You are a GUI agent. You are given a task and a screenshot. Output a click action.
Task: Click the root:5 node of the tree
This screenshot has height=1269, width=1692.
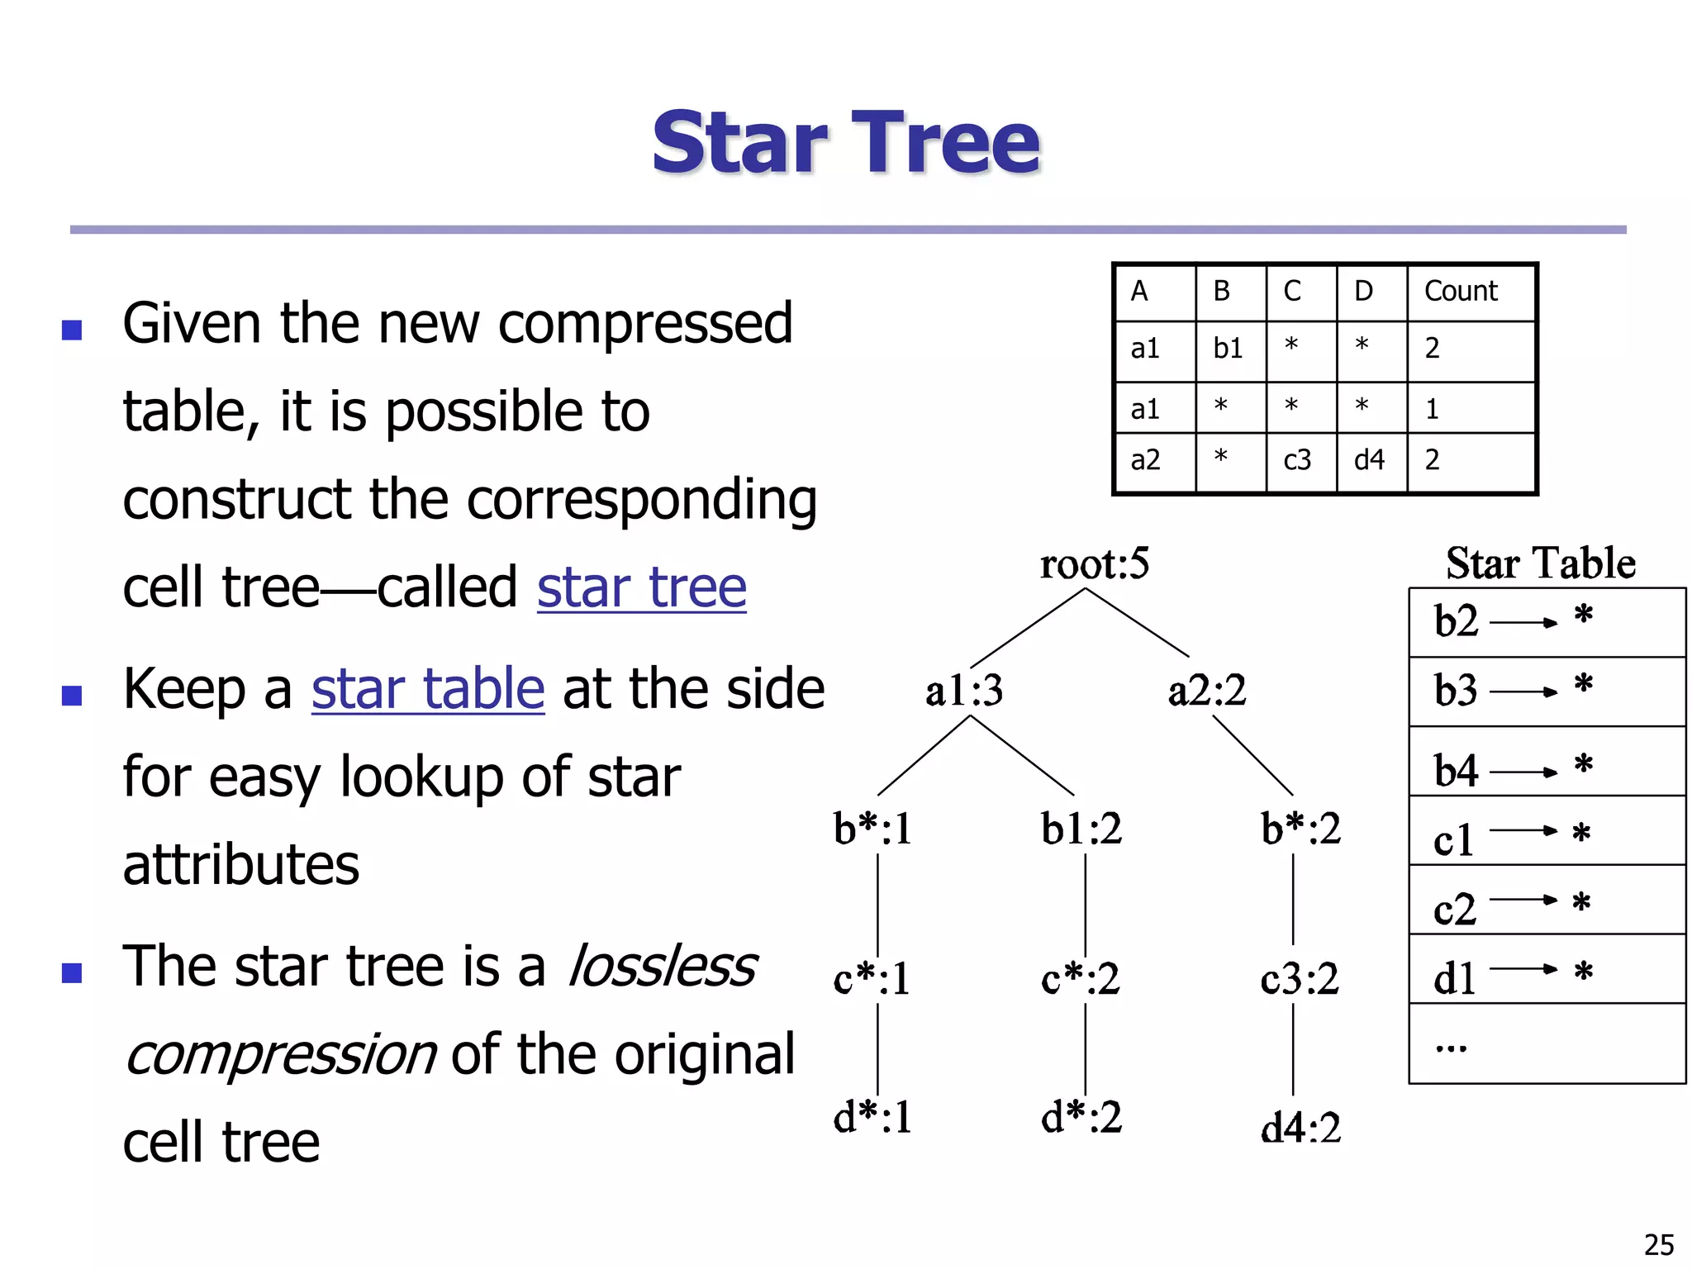[x=1094, y=564]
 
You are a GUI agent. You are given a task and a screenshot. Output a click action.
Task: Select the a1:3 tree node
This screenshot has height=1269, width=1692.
[x=963, y=691]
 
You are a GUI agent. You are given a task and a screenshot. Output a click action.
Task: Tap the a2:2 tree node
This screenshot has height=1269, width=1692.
[x=1206, y=691]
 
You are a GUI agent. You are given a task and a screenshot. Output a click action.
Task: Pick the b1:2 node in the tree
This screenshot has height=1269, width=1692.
[x=1081, y=829]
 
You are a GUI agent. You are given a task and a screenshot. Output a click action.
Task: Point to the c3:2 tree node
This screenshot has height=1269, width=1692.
[x=1300, y=979]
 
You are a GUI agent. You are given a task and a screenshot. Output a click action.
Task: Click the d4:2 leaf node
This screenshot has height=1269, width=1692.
[x=1300, y=1128]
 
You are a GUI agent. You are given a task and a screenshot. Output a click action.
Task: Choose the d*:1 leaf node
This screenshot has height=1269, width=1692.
[x=872, y=1117]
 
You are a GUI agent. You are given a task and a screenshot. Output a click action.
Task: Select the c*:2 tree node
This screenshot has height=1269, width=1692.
[x=1081, y=979]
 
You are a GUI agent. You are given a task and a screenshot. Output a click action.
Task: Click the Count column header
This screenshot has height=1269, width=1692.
[x=1461, y=292]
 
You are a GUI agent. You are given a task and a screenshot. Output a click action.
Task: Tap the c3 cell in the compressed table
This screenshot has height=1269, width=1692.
[x=1297, y=460]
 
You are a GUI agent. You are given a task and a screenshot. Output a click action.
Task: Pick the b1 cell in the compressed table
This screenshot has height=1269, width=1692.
[x=1228, y=349]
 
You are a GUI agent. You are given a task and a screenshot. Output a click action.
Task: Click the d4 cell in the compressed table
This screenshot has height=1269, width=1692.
[x=1369, y=460]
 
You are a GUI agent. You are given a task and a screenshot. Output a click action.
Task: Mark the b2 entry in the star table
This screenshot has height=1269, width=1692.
[x=1456, y=621]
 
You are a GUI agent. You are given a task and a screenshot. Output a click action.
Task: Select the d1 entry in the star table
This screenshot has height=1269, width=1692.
[x=1454, y=979]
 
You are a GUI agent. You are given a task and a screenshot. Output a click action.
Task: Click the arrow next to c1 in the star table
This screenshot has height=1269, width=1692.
[x=1523, y=831]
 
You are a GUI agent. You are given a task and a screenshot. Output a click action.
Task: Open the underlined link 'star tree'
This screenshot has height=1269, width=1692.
[x=641, y=587]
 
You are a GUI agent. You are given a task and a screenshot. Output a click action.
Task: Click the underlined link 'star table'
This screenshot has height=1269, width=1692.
[x=428, y=689]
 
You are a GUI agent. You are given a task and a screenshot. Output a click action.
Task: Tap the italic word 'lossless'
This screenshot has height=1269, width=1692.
[x=663, y=966]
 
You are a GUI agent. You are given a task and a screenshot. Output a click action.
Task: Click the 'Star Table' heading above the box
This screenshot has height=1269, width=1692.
[x=1541, y=563]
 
